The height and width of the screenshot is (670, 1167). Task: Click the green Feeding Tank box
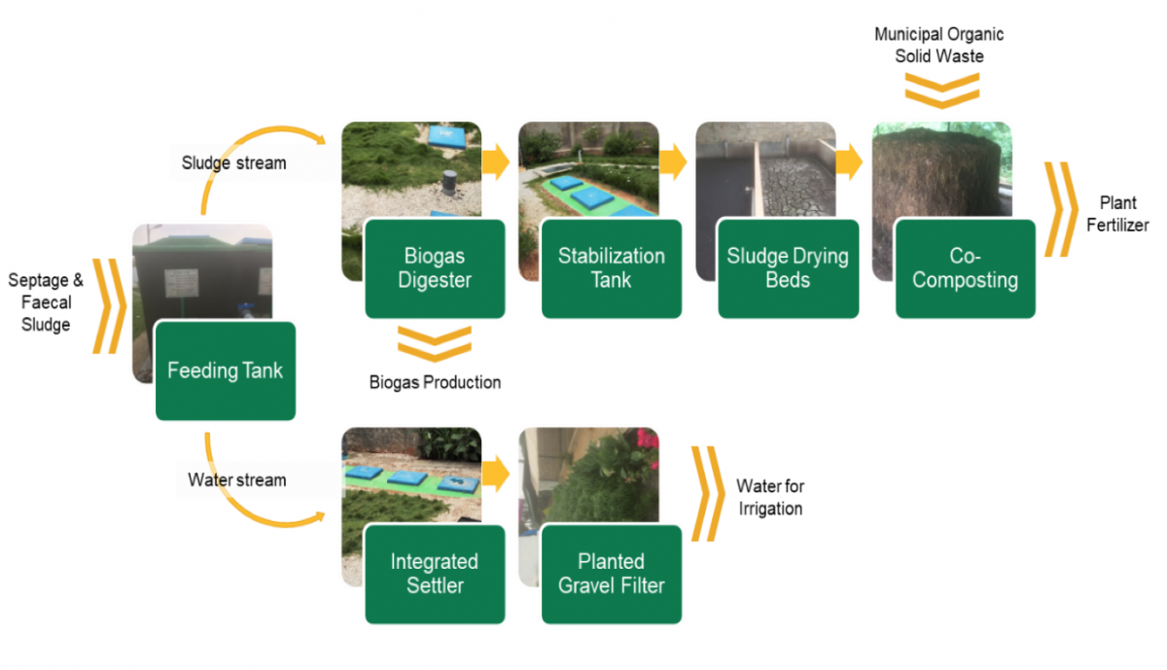[x=225, y=370]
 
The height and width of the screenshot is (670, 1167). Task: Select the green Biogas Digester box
[x=435, y=268]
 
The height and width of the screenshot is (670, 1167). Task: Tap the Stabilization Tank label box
[x=611, y=268]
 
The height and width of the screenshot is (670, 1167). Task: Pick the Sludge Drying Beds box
[x=788, y=268]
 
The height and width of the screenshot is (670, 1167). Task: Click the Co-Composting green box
[x=965, y=268]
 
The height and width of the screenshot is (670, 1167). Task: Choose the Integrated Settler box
[x=435, y=574]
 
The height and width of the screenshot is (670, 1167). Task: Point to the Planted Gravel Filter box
[x=611, y=574]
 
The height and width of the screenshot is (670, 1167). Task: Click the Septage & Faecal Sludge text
[x=46, y=302]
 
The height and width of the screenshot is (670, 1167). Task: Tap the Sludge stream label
[x=234, y=162]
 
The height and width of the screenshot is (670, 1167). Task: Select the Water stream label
[x=237, y=479]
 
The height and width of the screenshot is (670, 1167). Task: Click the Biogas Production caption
[x=435, y=382]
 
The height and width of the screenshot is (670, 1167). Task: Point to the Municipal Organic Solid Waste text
[x=938, y=45]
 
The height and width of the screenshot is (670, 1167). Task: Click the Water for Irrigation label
[x=770, y=497]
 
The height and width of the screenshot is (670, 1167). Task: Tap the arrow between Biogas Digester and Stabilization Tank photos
[x=496, y=161]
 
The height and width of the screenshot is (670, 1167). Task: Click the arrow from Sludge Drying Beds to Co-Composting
[x=849, y=161]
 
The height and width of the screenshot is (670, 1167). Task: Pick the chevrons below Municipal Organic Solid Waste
[x=940, y=89]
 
